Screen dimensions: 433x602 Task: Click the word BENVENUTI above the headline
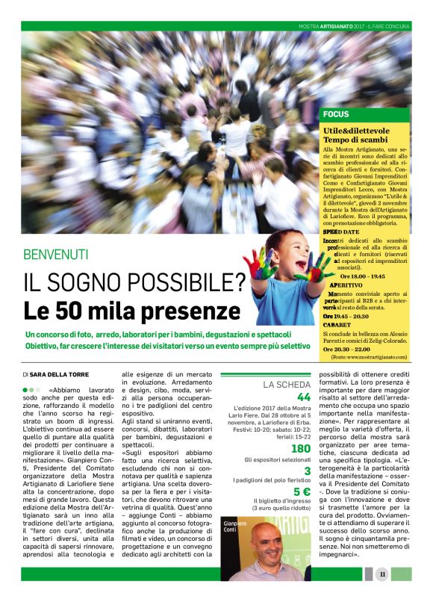click(x=56, y=255)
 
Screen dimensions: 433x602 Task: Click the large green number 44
click(x=303, y=397)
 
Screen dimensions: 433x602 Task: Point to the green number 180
click(x=300, y=448)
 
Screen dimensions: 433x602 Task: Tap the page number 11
click(x=381, y=574)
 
